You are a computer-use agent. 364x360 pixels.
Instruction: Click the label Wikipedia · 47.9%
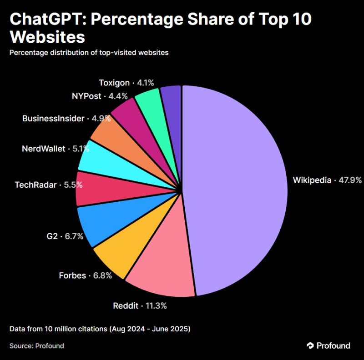point(327,180)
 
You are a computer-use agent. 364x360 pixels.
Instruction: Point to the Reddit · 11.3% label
point(140,305)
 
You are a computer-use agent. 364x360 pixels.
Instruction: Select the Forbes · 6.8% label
point(85,275)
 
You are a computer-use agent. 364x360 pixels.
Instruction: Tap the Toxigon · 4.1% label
point(126,83)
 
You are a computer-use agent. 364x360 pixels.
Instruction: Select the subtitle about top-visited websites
point(89,52)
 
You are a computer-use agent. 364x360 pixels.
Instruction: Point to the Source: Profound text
point(36,346)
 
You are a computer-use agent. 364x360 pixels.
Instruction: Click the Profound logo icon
point(310,346)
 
